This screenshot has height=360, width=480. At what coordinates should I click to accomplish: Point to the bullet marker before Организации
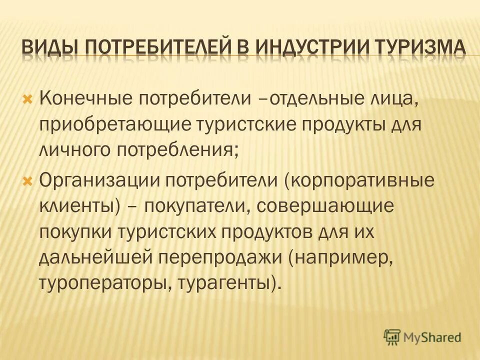(x=28, y=180)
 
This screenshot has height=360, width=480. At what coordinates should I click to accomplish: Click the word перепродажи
(x=219, y=259)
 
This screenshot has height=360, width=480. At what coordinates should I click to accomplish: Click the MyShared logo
(x=422, y=336)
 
